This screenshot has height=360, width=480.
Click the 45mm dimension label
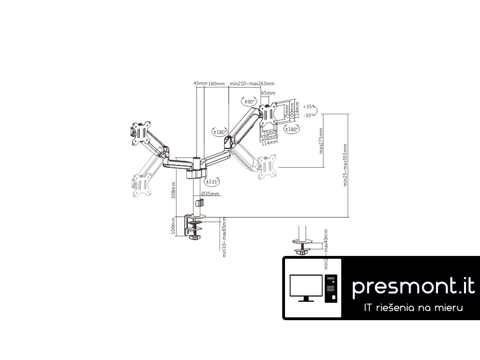[x=200, y=83]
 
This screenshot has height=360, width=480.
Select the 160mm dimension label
[x=217, y=83]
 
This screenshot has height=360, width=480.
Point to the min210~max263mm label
[x=252, y=83]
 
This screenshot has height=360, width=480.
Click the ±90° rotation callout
[x=248, y=101]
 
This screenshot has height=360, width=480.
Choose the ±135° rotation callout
[x=212, y=181]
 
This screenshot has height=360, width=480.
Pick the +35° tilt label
[x=307, y=107]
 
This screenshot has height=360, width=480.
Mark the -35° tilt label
[x=307, y=115]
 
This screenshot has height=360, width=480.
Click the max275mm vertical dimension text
[x=321, y=141]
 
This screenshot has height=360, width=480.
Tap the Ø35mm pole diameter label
[x=210, y=194]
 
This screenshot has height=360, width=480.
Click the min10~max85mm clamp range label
[x=225, y=237]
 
